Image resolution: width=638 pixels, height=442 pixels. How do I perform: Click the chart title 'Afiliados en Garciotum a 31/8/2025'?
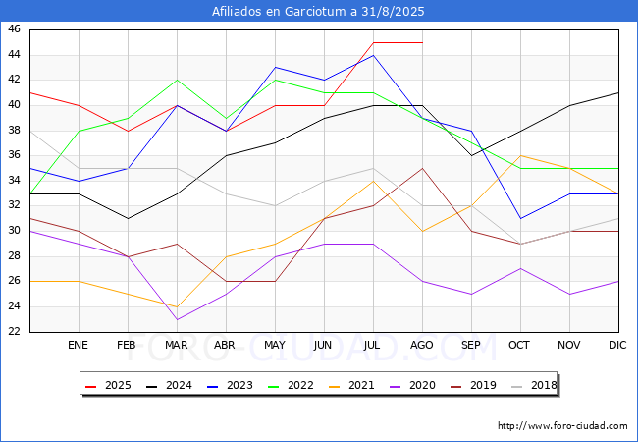(319, 12)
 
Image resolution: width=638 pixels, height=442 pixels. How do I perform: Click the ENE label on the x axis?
(79, 346)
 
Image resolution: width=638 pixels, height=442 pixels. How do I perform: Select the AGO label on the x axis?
(422, 346)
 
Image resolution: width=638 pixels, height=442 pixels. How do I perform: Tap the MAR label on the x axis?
(177, 346)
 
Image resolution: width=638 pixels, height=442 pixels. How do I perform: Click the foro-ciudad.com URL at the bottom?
(562, 426)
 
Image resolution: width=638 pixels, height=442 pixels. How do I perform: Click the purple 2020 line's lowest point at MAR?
(177, 319)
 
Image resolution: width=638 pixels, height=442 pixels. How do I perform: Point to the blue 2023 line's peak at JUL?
(373, 55)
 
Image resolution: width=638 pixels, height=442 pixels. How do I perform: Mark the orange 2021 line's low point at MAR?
(177, 306)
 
